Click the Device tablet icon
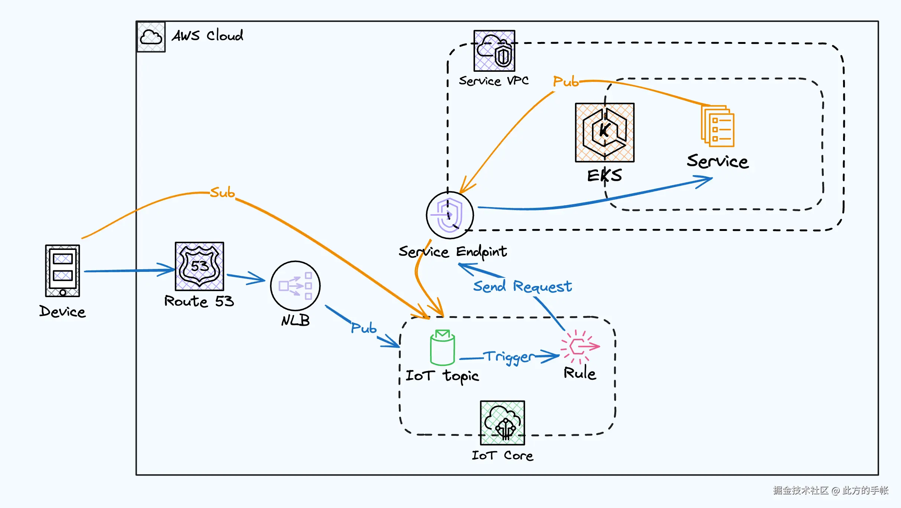[x=62, y=270]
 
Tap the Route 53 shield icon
[x=199, y=266]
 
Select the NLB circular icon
[x=295, y=286]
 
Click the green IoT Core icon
[x=502, y=423]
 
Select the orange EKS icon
[x=605, y=132]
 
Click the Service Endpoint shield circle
[x=449, y=215]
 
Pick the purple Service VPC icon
[x=494, y=51]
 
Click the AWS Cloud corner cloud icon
[x=151, y=37]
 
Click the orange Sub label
[x=222, y=193]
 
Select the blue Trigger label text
[x=510, y=357]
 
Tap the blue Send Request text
[x=522, y=286]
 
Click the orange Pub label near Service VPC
[x=565, y=81]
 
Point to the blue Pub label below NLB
[x=364, y=328]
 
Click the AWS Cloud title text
[x=207, y=36]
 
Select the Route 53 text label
[x=199, y=301]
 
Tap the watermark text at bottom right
[x=830, y=491]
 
